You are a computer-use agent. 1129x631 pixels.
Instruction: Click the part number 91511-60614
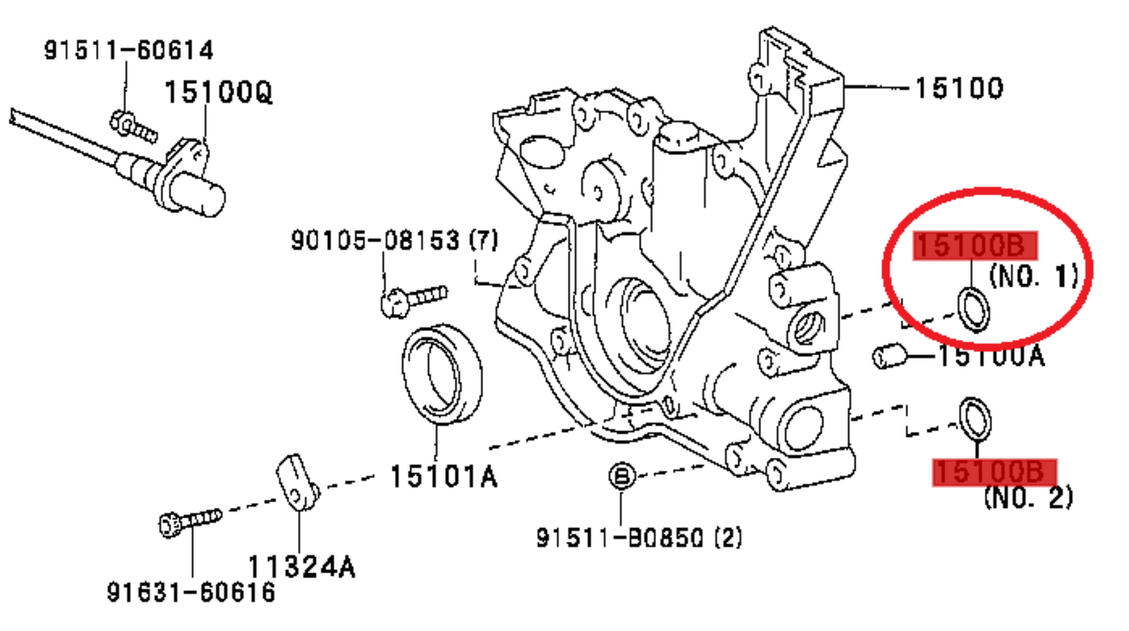[127, 52]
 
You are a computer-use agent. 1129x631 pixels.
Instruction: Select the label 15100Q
[218, 94]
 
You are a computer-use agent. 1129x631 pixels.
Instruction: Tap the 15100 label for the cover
[958, 88]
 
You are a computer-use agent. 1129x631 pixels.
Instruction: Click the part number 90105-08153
[375, 241]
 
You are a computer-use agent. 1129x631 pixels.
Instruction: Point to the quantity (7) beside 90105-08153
[482, 241]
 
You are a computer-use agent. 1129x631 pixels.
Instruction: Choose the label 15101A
[443, 476]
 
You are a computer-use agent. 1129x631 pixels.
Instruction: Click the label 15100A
[991, 357]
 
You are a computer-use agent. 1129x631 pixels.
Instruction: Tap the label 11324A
[302, 566]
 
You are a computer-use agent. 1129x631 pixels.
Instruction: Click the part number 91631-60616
[191, 593]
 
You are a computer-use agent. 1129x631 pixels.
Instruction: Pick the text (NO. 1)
[1033, 275]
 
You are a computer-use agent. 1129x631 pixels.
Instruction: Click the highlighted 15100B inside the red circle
[975, 246]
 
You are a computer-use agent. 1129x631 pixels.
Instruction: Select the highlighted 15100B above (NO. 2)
[995, 472]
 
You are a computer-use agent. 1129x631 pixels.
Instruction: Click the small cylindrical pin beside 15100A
[888, 357]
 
